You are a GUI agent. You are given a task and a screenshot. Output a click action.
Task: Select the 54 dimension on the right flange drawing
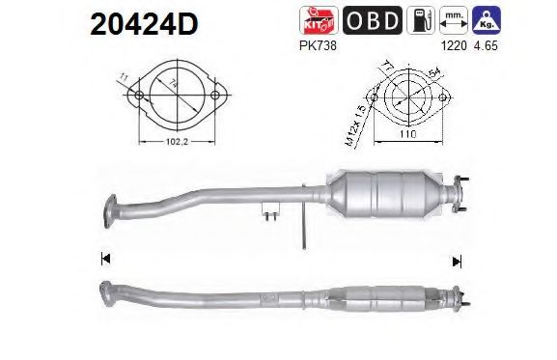coord(431,73)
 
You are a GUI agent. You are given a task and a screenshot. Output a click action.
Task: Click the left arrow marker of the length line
coord(104,258)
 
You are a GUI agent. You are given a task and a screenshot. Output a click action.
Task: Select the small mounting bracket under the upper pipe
coord(271,211)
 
